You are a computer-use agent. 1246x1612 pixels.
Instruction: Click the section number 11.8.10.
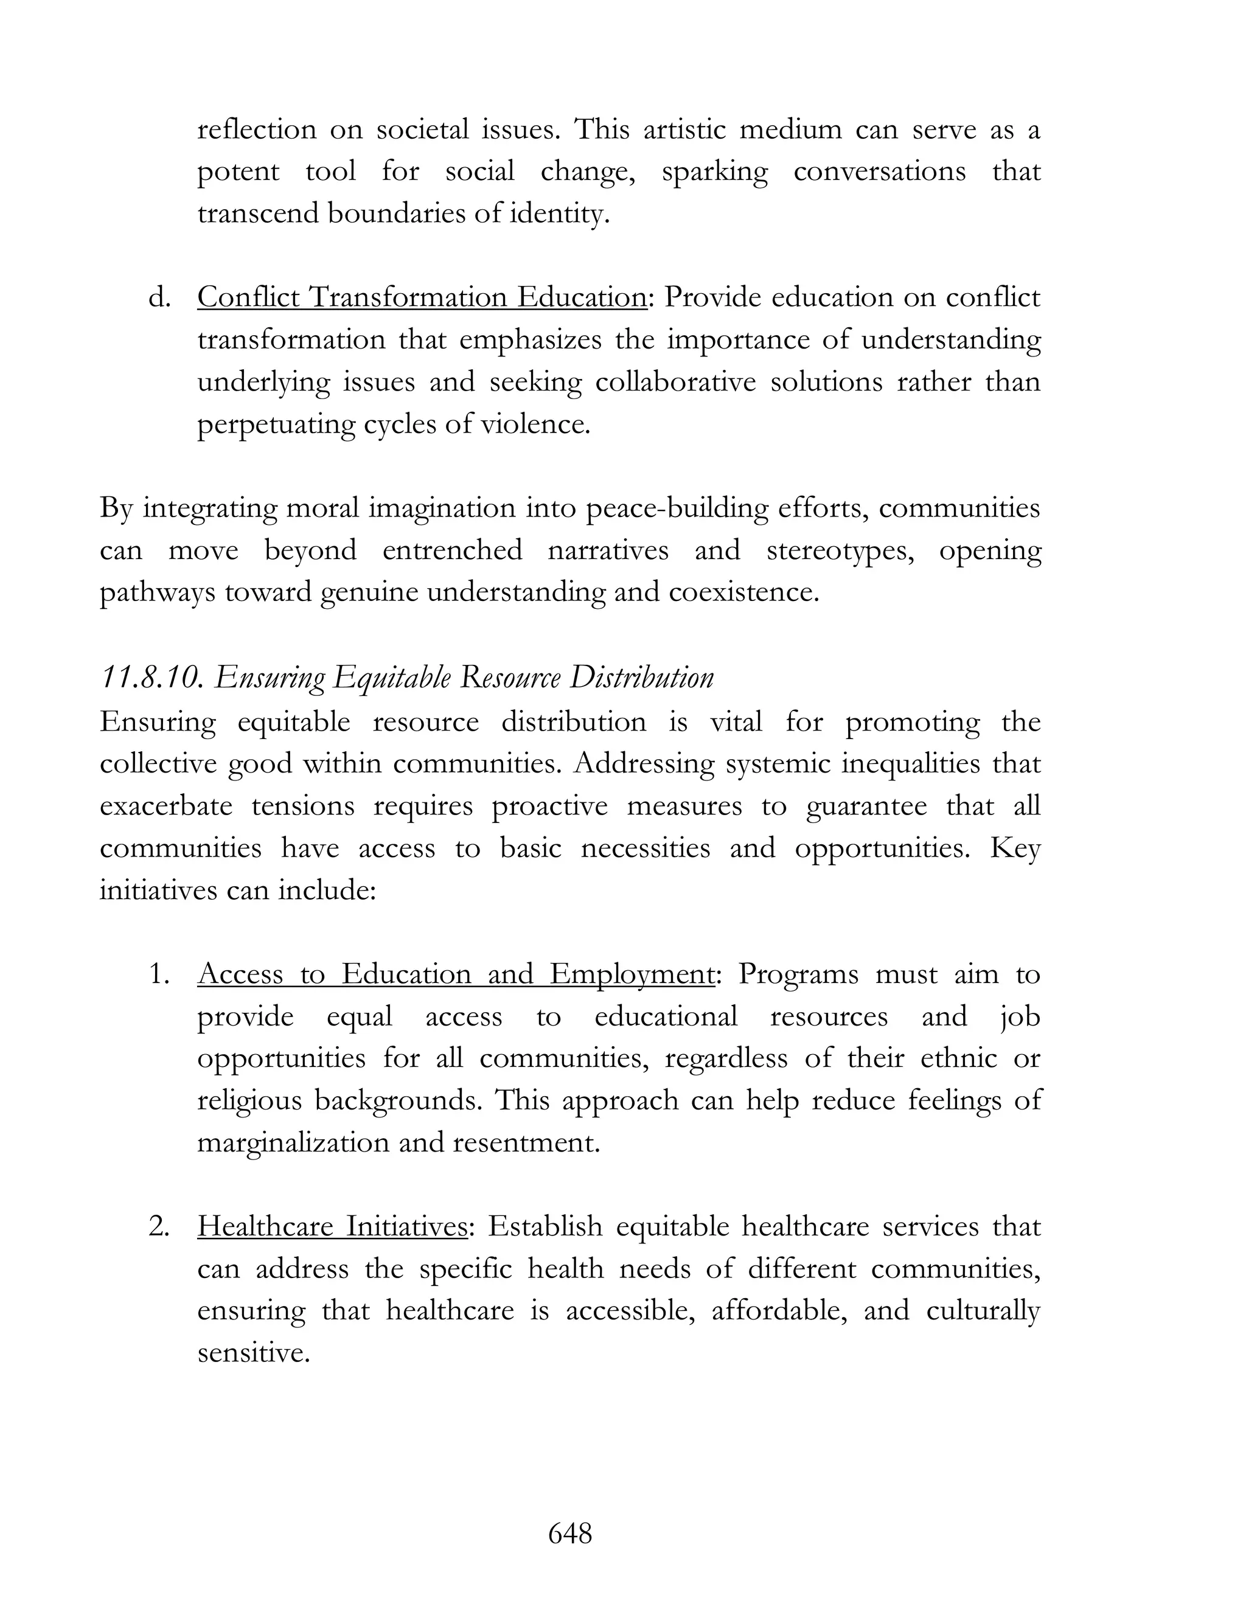pos(151,678)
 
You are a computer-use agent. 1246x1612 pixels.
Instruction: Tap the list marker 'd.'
pos(159,297)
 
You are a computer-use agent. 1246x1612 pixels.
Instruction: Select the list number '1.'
pos(159,974)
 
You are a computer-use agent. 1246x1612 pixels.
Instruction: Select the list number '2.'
pos(159,1227)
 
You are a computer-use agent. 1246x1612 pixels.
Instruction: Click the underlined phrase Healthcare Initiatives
pos(332,1227)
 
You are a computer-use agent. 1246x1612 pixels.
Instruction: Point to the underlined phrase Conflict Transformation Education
pos(422,297)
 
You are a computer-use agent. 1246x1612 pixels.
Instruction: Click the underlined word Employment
pos(631,974)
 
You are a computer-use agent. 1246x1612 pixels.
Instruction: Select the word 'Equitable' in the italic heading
pos(391,678)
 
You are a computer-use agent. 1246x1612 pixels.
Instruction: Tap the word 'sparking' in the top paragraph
pos(714,172)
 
